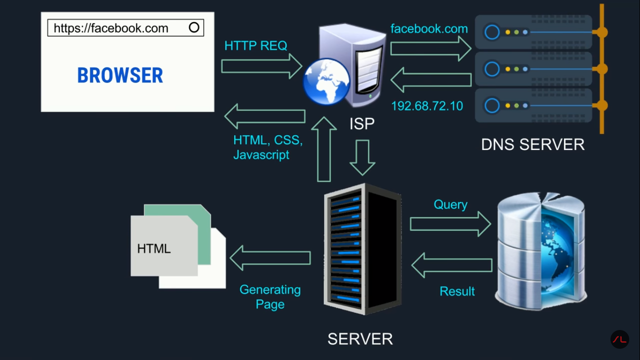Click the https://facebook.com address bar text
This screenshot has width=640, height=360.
pyautogui.click(x=111, y=28)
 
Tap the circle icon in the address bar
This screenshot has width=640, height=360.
pyautogui.click(x=194, y=28)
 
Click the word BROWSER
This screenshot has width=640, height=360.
pyautogui.click(x=120, y=75)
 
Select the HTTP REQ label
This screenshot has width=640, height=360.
pyautogui.click(x=256, y=45)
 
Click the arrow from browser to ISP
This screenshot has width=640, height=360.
pyautogui.click(x=261, y=66)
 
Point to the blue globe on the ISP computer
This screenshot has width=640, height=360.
pyautogui.click(x=327, y=81)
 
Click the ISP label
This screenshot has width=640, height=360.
pyautogui.click(x=362, y=124)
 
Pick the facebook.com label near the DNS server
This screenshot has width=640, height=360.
pyautogui.click(x=429, y=29)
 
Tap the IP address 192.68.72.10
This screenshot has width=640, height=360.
pyautogui.click(x=427, y=106)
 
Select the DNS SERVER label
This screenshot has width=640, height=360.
pyautogui.click(x=533, y=144)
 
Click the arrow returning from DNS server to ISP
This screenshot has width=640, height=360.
pyautogui.click(x=431, y=80)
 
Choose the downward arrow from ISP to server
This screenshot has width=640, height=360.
pyautogui.click(x=362, y=157)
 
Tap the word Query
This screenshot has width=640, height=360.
pyautogui.click(x=450, y=205)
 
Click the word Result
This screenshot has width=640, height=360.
pyautogui.click(x=457, y=292)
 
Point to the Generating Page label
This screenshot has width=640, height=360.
pyautogui.click(x=270, y=297)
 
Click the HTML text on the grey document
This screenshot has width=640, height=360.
pyautogui.click(x=154, y=248)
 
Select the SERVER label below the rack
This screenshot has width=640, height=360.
pyautogui.click(x=360, y=339)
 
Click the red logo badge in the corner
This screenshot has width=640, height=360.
pyautogui.click(x=619, y=339)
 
